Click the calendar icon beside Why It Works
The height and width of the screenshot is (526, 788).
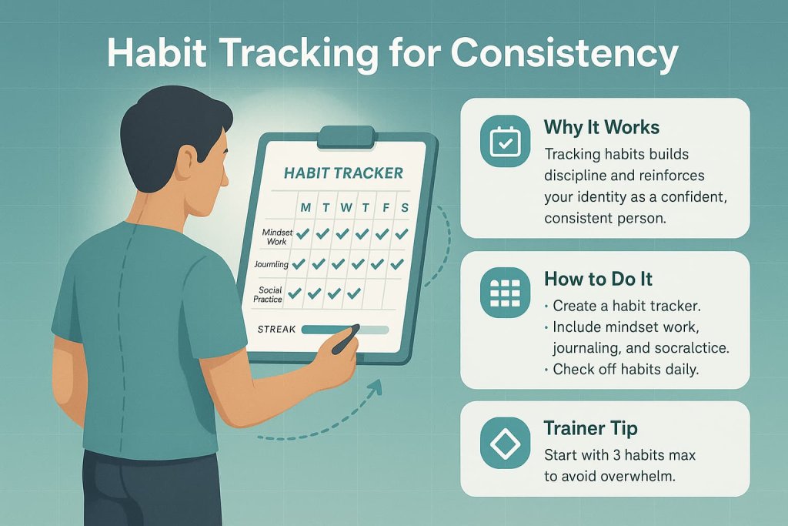(505, 142)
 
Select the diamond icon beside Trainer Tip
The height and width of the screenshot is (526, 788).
(505, 444)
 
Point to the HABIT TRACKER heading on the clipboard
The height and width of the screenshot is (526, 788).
(343, 173)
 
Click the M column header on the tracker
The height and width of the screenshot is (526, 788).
(306, 208)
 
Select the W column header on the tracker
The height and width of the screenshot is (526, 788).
(346, 208)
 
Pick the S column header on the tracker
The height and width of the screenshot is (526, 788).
(404, 208)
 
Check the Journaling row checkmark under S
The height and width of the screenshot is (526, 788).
(396, 264)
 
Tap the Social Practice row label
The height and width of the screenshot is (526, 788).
(270, 293)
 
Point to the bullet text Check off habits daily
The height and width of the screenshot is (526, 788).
(625, 370)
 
